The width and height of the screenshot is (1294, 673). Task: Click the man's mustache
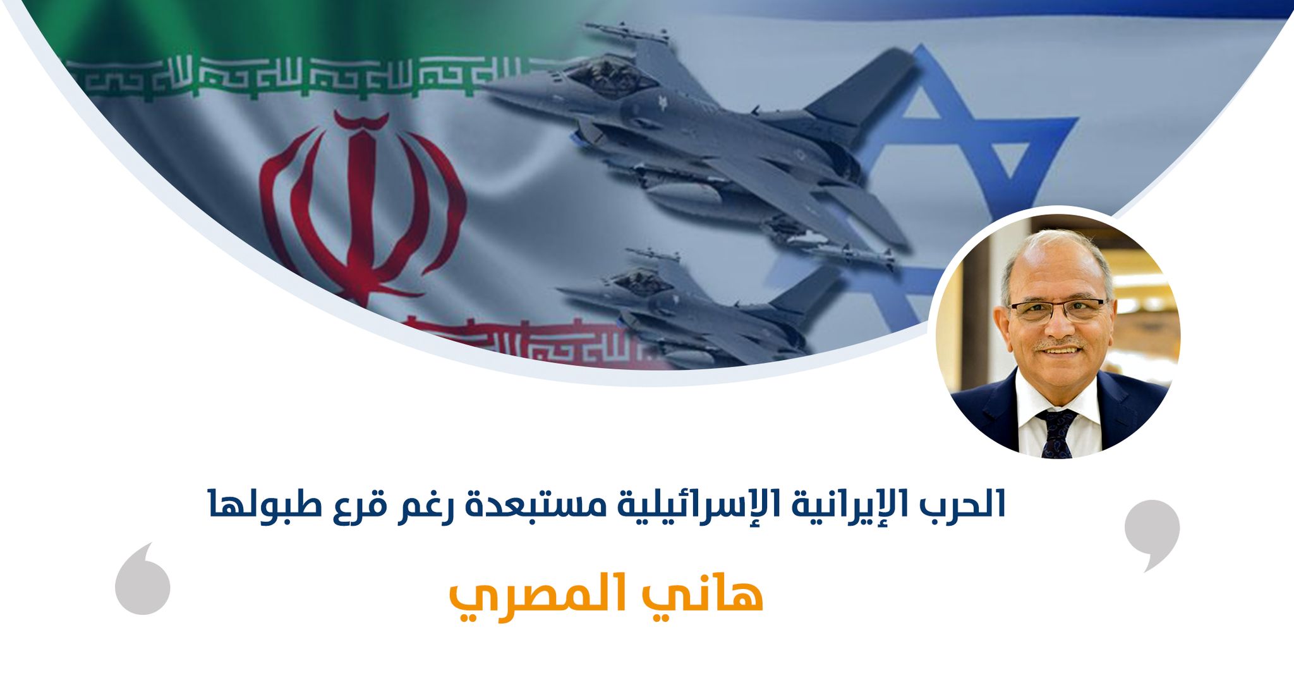click(1061, 346)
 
